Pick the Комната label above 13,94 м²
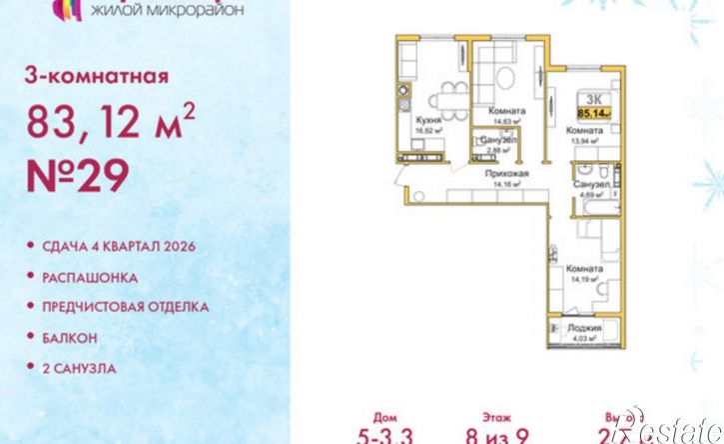582,131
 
